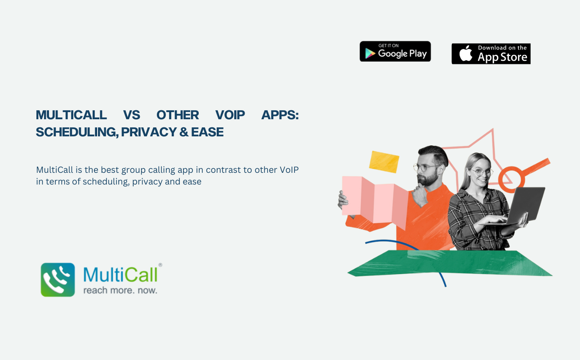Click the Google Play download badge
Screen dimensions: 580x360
(395, 51)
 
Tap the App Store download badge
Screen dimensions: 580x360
(491, 54)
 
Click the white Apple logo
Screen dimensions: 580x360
(466, 53)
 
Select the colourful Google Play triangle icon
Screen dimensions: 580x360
(370, 54)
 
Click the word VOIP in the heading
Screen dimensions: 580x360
(230, 115)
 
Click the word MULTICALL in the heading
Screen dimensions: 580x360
(71, 115)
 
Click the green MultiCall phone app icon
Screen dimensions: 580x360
(58, 279)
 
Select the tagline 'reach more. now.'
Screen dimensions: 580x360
(120, 290)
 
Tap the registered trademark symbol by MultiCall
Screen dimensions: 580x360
(160, 265)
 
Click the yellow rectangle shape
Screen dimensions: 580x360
(384, 162)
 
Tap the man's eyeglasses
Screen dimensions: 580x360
(426, 167)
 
